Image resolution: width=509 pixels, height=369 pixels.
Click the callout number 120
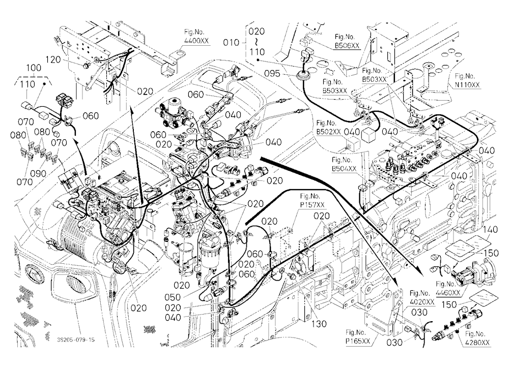(53, 59)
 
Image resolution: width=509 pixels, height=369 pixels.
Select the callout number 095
(272, 74)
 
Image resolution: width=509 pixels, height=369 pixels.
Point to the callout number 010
(231, 43)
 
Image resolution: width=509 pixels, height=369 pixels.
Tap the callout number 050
(173, 297)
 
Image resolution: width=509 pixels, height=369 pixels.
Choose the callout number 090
(38, 173)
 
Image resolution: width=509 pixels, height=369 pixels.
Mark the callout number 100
(34, 68)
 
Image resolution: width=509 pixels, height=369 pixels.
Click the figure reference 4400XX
(196, 41)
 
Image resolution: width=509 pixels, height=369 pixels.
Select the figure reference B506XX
(347, 46)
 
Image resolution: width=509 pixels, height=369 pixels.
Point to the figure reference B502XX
(328, 132)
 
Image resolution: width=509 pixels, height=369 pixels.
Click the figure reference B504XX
(344, 169)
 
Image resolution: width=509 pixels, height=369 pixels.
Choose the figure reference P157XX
(313, 205)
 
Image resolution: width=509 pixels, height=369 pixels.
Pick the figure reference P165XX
(358, 342)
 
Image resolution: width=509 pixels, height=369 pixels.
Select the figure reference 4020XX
(422, 302)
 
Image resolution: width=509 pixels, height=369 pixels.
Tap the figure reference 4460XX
(448, 293)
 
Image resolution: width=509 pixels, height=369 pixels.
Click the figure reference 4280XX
(477, 343)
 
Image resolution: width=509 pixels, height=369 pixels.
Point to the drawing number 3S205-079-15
(76, 340)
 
